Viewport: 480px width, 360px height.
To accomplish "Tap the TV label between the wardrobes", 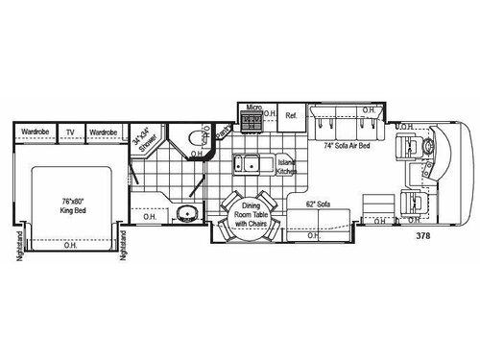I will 69,132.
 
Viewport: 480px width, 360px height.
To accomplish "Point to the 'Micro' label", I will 254,108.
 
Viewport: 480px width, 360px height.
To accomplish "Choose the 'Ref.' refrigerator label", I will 291,115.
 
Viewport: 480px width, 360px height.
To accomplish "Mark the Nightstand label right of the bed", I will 123,246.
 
